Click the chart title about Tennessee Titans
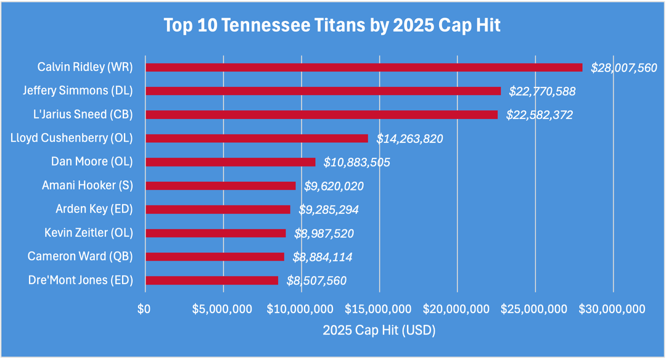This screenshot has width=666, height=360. tap(332, 25)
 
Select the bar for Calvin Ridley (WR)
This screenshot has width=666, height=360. tap(363, 67)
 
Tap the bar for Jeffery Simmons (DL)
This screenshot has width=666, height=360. tap(323, 91)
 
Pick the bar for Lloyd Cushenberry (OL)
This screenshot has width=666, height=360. tap(256, 138)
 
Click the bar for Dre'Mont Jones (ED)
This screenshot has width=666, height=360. tap(211, 280)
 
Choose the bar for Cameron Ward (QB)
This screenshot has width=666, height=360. tap(214, 256)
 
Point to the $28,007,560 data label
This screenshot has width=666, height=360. tap(624, 68)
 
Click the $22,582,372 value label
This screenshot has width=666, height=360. tap(540, 115)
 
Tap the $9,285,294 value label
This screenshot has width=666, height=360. tap(329, 210)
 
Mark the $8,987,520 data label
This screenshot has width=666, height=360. tap(324, 234)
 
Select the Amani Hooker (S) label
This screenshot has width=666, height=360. tap(87, 185)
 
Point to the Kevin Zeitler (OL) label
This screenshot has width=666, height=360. tap(88, 232)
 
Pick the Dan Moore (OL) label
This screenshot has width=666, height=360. tap(91, 162)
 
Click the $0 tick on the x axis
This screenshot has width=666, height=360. tap(144, 308)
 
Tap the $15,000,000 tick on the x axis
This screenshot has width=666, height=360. tap(379, 308)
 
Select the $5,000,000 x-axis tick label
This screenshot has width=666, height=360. tap(223, 308)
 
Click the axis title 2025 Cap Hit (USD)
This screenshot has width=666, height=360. tap(379, 330)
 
